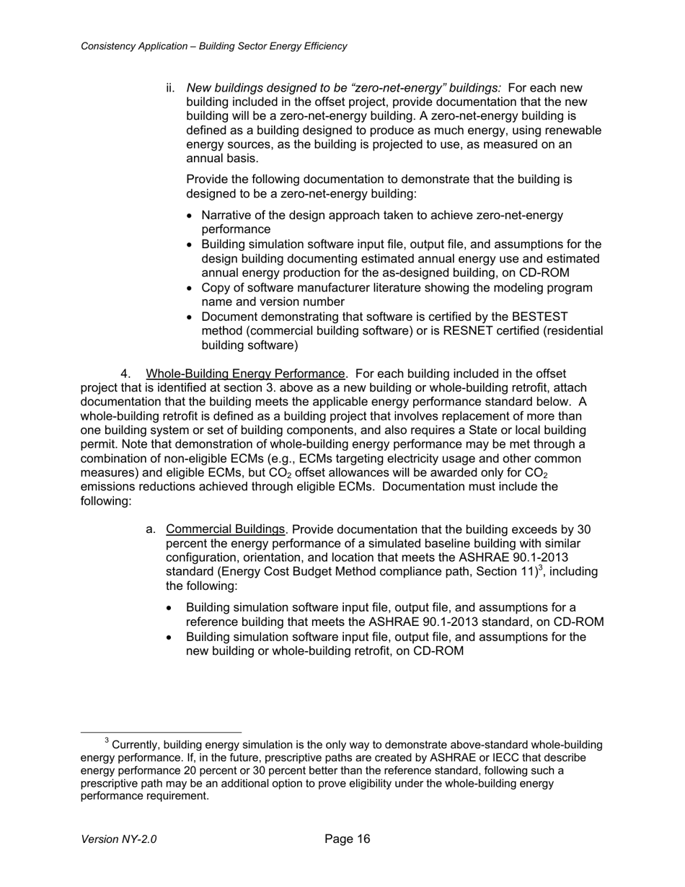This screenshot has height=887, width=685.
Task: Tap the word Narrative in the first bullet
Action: tap(227, 216)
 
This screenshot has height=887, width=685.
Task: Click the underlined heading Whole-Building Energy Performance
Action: tap(245, 374)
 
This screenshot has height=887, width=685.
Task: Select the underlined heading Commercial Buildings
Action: tap(226, 529)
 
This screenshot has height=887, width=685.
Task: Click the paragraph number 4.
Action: tap(125, 374)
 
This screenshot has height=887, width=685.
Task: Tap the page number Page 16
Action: tap(347, 839)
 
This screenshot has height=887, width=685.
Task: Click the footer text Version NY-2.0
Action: tap(119, 839)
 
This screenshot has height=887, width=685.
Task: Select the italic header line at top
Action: tap(213, 46)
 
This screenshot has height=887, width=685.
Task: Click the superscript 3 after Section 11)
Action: tap(542, 568)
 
